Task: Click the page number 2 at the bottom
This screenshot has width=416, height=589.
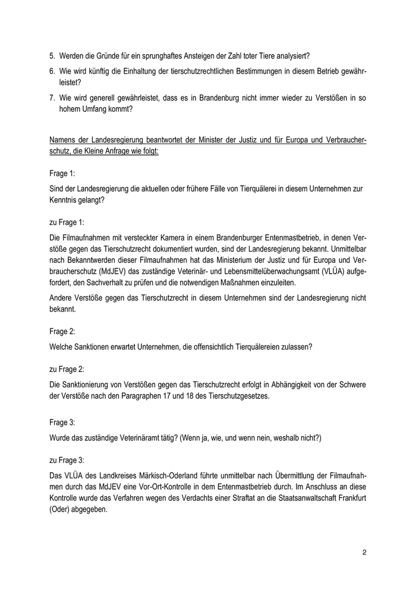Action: pyautogui.click(x=364, y=553)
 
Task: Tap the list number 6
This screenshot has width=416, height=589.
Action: pyautogui.click(x=52, y=71)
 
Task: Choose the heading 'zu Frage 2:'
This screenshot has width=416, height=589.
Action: pyautogui.click(x=67, y=369)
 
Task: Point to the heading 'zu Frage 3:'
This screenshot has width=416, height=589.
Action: pyautogui.click(x=67, y=459)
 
